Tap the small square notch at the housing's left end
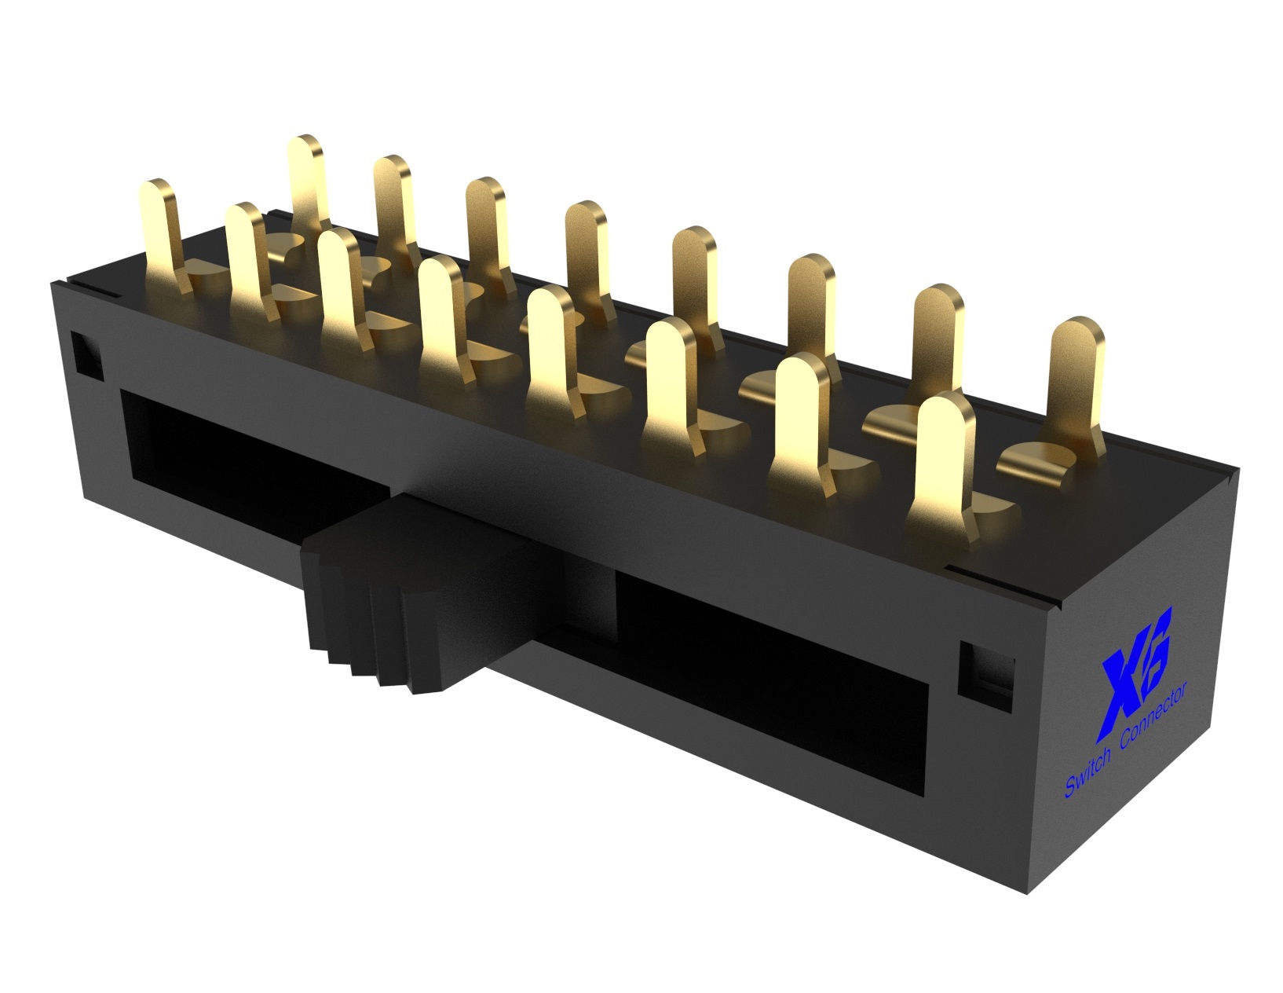pyautogui.click(x=86, y=351)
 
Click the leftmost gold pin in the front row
pyautogui.click(x=160, y=228)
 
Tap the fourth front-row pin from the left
pyautogui.click(x=441, y=314)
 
